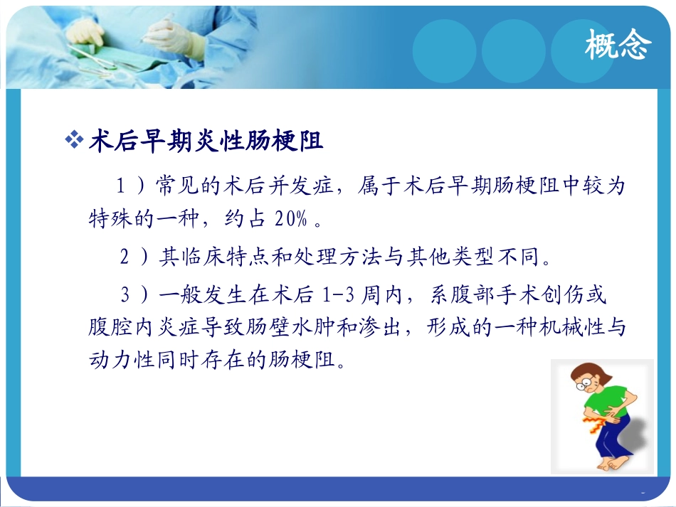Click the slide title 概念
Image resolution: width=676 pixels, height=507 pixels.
pos(617,47)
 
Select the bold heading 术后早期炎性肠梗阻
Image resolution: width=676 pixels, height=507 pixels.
pos(206,142)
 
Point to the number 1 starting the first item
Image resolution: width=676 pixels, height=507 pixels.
pos(121,187)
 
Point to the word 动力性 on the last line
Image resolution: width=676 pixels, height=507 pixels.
pos(114,362)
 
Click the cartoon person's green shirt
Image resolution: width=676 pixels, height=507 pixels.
pos(606,402)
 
